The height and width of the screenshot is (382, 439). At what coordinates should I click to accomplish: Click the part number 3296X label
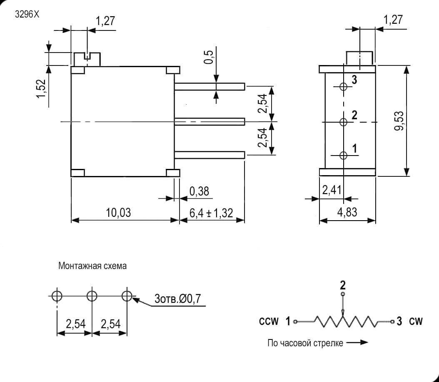tap(27, 14)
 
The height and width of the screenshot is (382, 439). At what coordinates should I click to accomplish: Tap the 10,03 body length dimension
tap(118, 213)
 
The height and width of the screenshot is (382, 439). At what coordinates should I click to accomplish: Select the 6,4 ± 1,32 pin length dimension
tap(211, 213)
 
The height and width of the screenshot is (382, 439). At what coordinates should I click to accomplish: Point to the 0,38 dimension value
tap(199, 191)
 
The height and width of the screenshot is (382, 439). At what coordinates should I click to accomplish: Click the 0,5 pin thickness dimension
tap(209, 57)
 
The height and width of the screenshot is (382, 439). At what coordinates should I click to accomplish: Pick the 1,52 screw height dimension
tap(41, 89)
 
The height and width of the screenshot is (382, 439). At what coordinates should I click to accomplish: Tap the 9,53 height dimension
tap(399, 121)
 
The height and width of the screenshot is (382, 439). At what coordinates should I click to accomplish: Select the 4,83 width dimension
tap(347, 212)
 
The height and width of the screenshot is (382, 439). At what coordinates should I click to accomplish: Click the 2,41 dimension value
tap(332, 190)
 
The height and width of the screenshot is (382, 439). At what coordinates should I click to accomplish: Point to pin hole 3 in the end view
tap(344, 87)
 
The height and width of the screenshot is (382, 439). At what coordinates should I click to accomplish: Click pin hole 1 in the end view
tap(343, 155)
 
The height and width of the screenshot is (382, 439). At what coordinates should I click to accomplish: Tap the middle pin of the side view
tap(210, 122)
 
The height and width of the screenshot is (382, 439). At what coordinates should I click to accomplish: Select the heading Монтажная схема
tap(92, 266)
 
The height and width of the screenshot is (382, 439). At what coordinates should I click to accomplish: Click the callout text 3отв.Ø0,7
tap(177, 299)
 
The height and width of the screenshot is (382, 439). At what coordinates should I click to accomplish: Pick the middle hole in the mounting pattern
tap(92, 296)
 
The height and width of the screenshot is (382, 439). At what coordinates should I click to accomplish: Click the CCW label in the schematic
tap(269, 321)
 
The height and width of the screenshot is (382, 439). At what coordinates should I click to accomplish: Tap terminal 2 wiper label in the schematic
tap(343, 285)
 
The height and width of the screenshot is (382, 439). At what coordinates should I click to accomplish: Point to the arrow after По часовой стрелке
tap(357, 342)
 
